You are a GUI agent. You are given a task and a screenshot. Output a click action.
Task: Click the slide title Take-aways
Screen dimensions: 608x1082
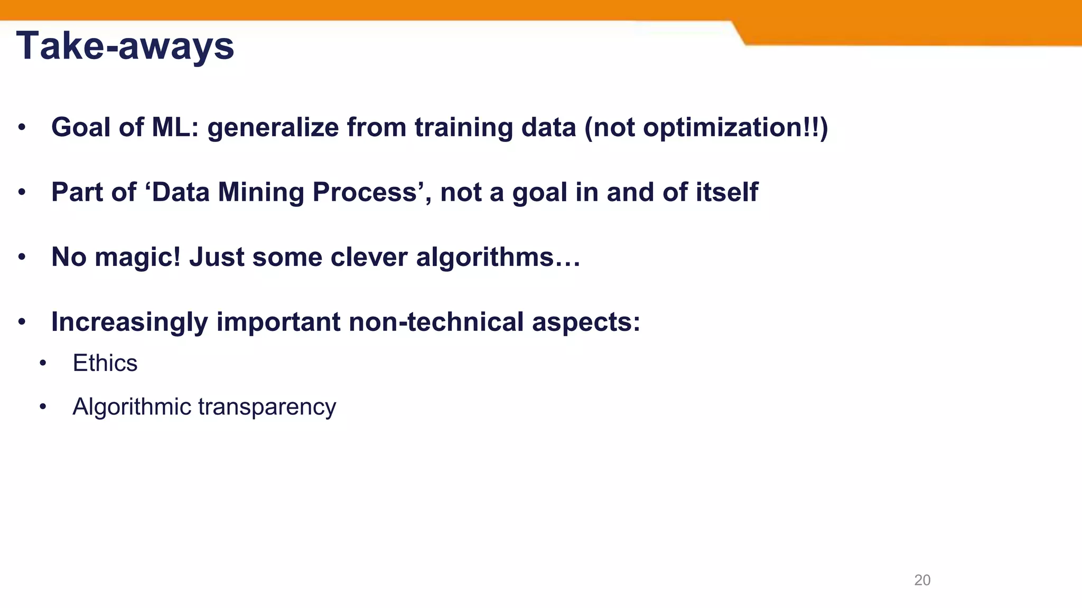(x=125, y=46)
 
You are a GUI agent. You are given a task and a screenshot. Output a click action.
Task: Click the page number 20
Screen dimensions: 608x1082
(x=922, y=580)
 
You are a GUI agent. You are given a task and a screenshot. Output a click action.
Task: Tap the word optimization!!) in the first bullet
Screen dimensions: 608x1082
(x=735, y=128)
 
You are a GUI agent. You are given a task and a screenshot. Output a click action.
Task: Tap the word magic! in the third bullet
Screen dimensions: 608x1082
(x=137, y=257)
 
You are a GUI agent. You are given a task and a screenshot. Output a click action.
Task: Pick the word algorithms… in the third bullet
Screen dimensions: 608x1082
(x=498, y=257)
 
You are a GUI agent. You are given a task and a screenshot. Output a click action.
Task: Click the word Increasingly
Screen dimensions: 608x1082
(x=129, y=322)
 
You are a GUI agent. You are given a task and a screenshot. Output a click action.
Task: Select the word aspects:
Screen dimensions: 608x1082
(x=586, y=322)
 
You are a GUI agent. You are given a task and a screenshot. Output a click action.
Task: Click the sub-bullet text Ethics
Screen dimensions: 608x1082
(x=105, y=363)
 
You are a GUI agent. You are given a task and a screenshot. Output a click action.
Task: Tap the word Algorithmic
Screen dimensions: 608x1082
(x=132, y=407)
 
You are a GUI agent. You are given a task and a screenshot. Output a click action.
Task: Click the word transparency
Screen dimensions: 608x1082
(x=267, y=407)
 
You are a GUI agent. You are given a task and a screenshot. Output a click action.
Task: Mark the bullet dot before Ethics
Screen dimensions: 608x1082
(x=43, y=364)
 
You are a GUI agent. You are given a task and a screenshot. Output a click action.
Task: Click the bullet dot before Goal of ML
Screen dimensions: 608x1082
(x=22, y=128)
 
